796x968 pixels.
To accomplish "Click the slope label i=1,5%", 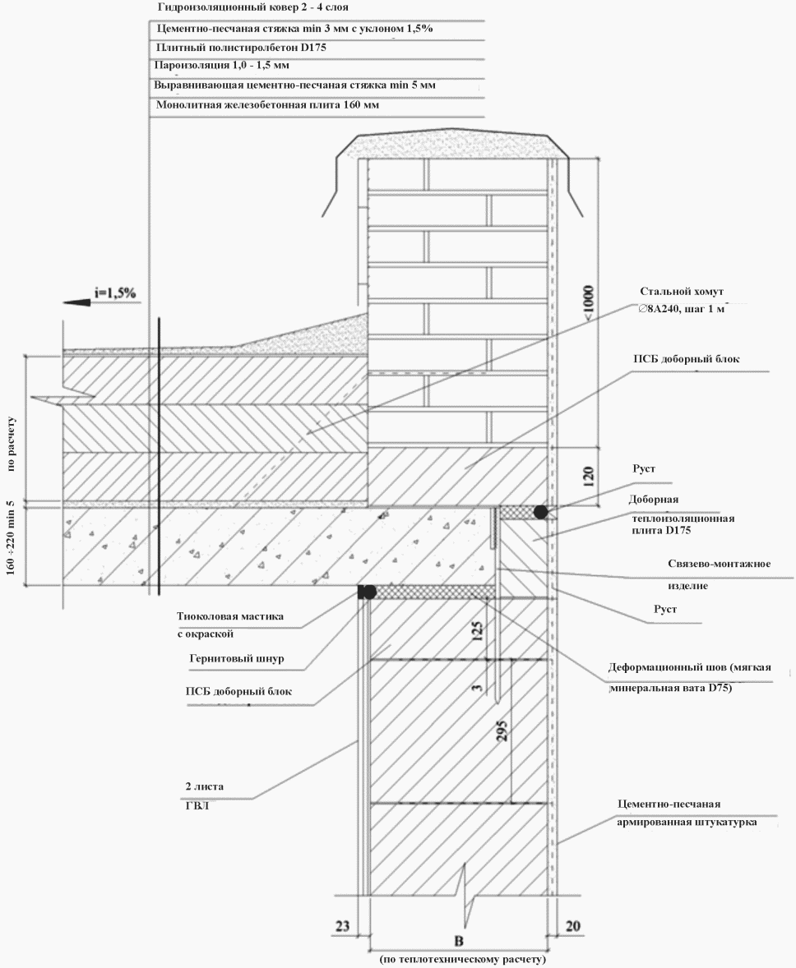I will (115, 292).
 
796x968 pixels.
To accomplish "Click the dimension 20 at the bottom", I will (574, 926).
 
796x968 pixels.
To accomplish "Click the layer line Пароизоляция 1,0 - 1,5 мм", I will (221, 64).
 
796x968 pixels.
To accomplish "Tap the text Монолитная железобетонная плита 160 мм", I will (267, 105).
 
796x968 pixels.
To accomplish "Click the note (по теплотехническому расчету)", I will (463, 959).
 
